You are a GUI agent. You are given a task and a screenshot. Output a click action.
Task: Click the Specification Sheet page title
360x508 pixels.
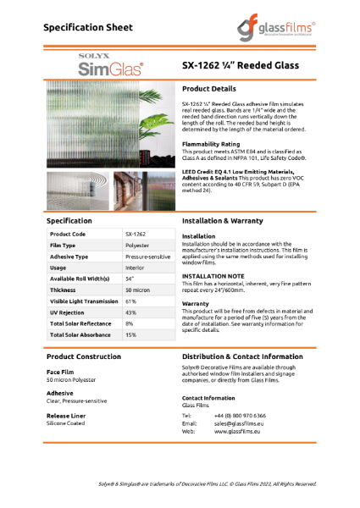point(88,27)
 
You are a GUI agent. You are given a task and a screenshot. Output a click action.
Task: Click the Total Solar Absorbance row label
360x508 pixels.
point(82,334)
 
